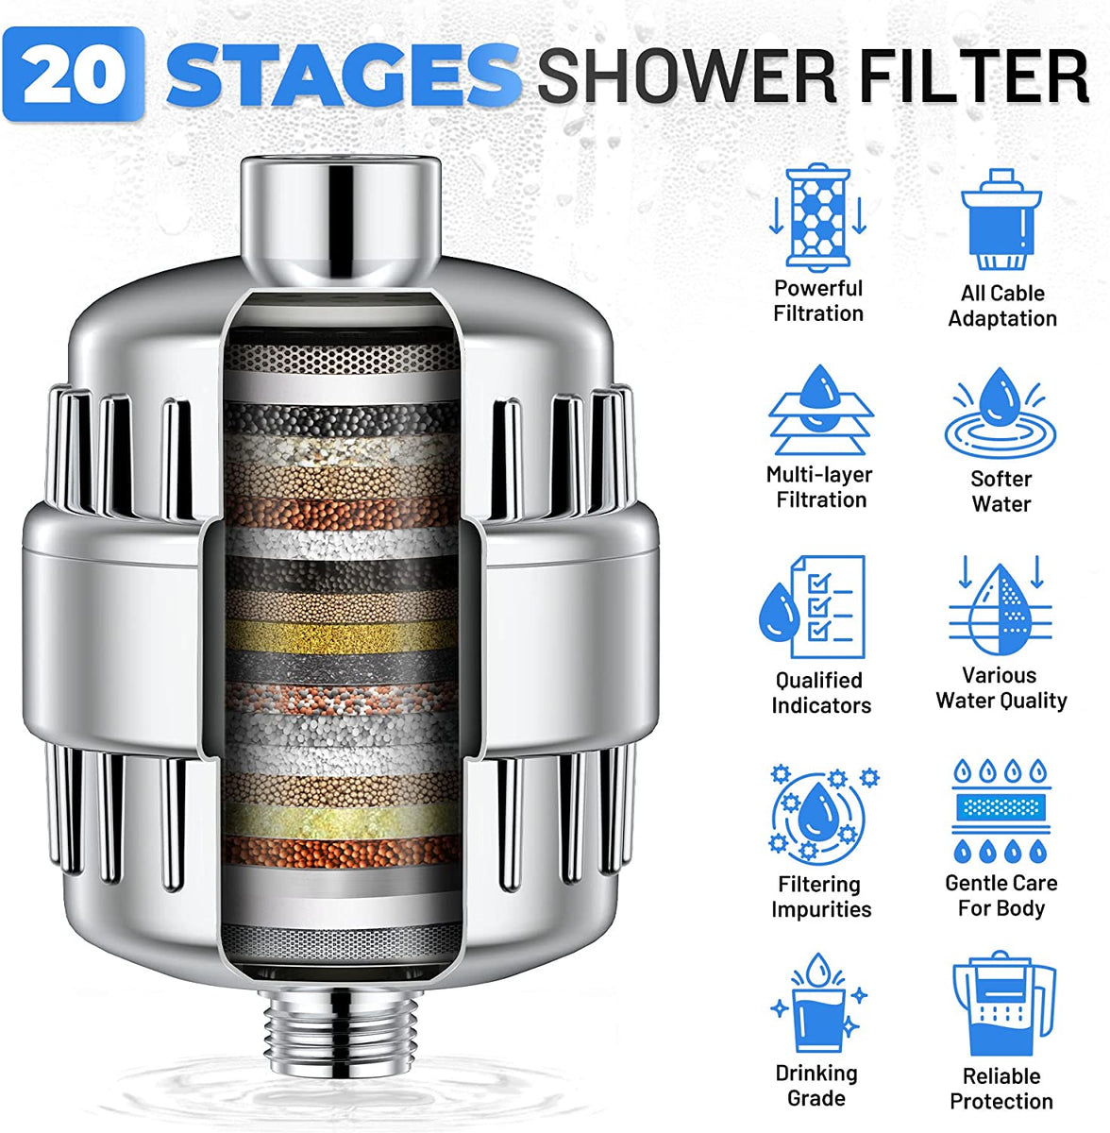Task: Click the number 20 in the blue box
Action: point(74,75)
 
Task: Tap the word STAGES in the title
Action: point(342,75)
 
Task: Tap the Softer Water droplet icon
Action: point(1001,415)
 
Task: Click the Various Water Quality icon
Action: point(1000,608)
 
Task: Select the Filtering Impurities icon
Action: point(819,813)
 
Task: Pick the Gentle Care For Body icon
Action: point(1001,810)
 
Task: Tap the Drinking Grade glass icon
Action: point(816,1006)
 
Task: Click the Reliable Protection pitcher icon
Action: point(1001,1006)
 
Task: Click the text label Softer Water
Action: point(1001,492)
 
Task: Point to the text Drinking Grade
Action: point(816,1086)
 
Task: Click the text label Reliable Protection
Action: point(1001,1089)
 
